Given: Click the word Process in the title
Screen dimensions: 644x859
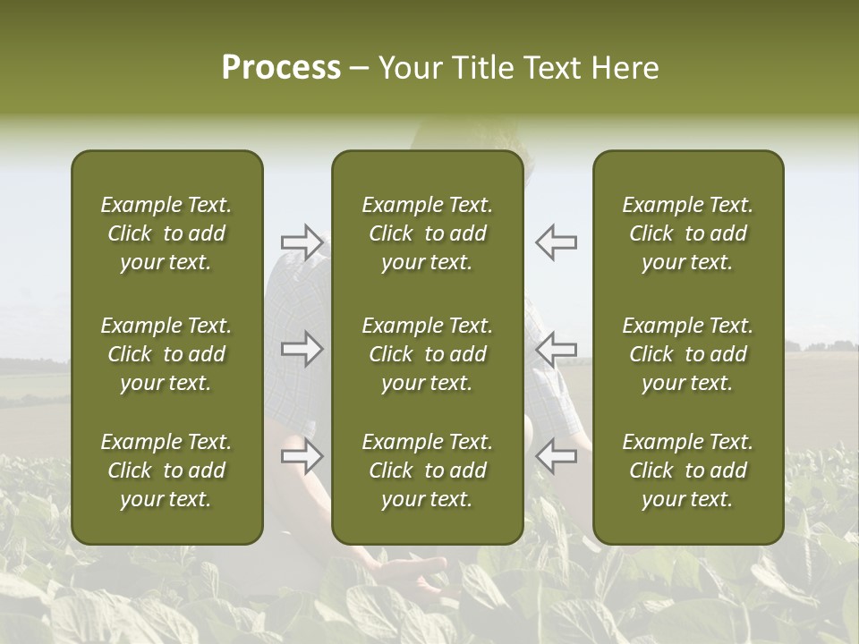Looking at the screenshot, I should [281, 68].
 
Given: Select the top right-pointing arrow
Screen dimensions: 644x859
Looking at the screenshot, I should [302, 242].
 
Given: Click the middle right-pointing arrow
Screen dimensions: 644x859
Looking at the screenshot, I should [302, 349].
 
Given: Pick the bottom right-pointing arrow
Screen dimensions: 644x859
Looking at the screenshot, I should [302, 457].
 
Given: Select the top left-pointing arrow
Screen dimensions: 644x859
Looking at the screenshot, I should [556, 242].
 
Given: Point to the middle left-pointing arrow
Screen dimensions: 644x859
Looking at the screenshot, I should [556, 349].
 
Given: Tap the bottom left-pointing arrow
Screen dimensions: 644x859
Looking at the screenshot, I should [556, 457].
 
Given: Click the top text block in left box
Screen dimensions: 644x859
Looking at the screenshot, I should [166, 233].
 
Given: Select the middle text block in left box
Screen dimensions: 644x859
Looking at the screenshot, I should [166, 354].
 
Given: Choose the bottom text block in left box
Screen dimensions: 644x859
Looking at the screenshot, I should [166, 470].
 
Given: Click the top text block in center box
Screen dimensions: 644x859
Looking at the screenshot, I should [428, 233].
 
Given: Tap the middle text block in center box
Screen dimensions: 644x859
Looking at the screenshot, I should [428, 354].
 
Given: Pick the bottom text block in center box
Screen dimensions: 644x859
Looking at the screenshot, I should [428, 470].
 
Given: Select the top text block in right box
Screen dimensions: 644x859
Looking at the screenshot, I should [688, 233].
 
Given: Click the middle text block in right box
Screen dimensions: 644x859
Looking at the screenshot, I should [688, 354].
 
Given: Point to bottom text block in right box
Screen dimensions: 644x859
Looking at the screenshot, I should [688, 470].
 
